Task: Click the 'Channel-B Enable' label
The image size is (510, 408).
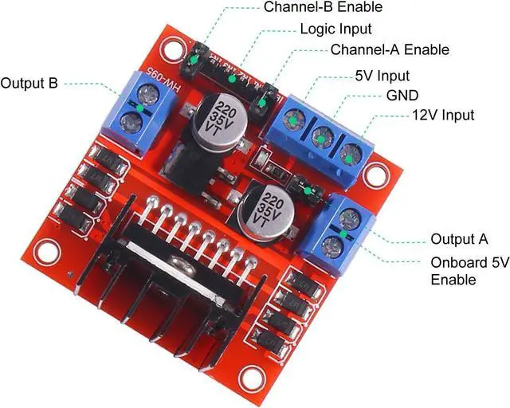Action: click(x=323, y=7)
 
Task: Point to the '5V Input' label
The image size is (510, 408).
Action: click(x=382, y=76)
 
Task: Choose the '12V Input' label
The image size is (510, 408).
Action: click(x=442, y=116)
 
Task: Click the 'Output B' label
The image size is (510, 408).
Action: click(x=29, y=83)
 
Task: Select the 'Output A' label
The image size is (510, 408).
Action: click(x=459, y=239)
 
